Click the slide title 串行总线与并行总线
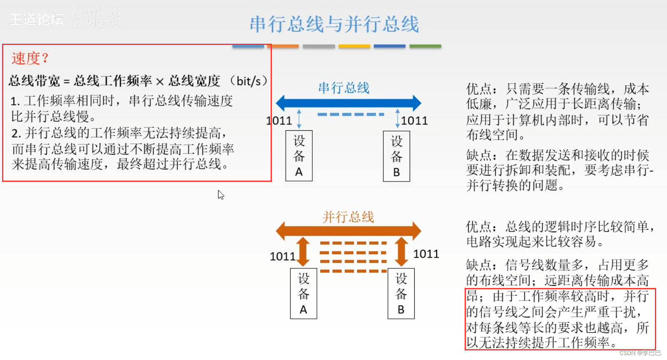[x=334, y=24]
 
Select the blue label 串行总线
[x=344, y=88]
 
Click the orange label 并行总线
[x=348, y=217]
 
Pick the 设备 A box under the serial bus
[x=299, y=156]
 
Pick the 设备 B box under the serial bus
[x=396, y=156]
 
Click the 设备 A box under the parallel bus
[x=304, y=294]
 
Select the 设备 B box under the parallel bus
[x=401, y=294]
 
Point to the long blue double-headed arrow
[x=348, y=103]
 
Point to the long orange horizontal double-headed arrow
[x=348, y=231]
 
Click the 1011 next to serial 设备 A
[x=279, y=121]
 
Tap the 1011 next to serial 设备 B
[x=414, y=121]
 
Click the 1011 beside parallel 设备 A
[x=282, y=256]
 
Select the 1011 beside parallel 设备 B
[x=426, y=254]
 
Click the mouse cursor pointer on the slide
[x=221, y=195]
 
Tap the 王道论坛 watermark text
[x=37, y=19]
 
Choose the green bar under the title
[x=425, y=46]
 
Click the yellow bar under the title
[x=354, y=46]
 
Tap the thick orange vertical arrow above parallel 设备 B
[x=401, y=251]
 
